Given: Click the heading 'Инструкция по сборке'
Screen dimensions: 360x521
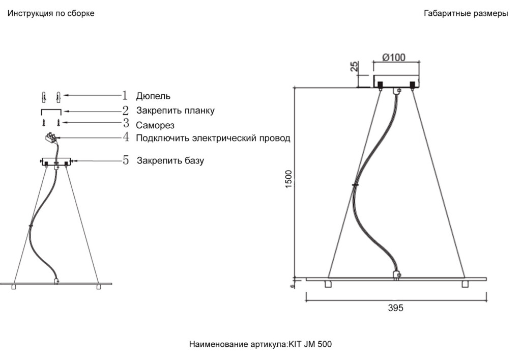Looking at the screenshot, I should tap(51, 14).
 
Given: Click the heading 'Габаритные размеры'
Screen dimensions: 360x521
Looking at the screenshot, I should tap(466, 14).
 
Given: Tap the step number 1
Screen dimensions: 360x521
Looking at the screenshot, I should tap(125, 95).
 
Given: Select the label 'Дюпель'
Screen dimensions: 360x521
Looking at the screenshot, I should tap(153, 96).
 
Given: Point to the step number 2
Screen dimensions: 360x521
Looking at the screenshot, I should tap(125, 110).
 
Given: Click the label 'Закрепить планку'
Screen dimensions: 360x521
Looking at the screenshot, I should tap(175, 110).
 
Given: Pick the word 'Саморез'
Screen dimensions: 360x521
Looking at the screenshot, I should tap(155, 125).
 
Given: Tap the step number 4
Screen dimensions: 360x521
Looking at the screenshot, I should tap(125, 137).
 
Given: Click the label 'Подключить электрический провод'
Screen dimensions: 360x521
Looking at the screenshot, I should tap(213, 138).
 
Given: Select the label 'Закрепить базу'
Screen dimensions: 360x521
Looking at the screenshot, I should tap(170, 161).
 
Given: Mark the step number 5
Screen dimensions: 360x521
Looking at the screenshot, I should tap(125, 160).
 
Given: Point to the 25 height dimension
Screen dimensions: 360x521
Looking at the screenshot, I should tap(355, 66).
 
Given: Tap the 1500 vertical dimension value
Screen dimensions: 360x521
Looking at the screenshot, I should tap(289, 179).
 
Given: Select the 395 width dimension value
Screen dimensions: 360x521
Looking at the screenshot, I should tap(395, 308).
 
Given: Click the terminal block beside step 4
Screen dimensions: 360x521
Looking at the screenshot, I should tap(51, 137).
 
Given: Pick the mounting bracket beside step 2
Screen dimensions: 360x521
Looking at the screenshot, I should tap(51, 110).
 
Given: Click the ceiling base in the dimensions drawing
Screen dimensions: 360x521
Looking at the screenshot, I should tap(396, 81).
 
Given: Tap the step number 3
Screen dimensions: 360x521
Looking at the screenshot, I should tap(125, 123).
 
